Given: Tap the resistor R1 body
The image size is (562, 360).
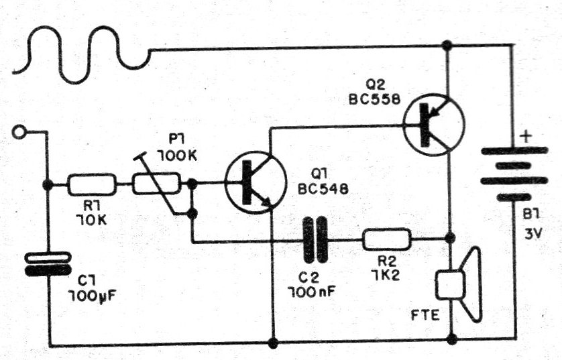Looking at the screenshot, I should pyautogui.click(x=91, y=183).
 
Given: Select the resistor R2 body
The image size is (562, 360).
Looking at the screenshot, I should pyautogui.click(x=386, y=239).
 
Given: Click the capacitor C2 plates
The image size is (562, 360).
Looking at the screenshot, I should pyautogui.click(x=315, y=239).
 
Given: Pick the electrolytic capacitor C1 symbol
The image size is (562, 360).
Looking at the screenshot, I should pyautogui.click(x=48, y=263).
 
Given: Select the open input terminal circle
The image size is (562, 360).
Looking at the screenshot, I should pyautogui.click(x=19, y=133).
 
